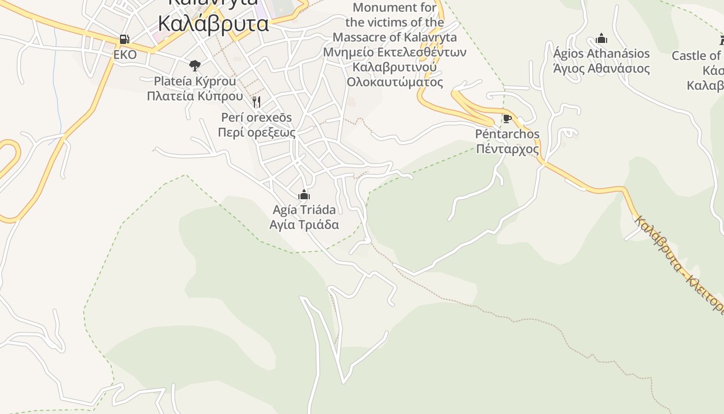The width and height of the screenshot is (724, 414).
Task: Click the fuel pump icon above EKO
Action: (124, 39)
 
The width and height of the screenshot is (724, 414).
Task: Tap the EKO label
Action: (125, 55)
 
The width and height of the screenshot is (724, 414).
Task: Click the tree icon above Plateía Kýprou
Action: (195, 65)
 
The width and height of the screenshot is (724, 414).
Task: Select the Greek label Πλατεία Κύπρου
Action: (195, 96)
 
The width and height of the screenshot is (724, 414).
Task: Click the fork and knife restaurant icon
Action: (256, 101)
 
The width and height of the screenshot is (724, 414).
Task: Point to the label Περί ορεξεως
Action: (257, 132)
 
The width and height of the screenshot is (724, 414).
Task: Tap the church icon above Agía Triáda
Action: (304, 195)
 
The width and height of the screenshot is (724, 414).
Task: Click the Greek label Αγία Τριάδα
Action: (304, 225)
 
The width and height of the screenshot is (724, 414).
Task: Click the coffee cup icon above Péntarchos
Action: (507, 119)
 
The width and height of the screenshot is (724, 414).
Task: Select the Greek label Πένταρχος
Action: (507, 150)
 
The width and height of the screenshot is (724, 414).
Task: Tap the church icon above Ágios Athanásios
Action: (601, 38)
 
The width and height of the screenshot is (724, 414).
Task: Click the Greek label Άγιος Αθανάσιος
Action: (601, 68)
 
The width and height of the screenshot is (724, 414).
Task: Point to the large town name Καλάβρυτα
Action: (213, 24)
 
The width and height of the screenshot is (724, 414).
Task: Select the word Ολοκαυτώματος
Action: (395, 82)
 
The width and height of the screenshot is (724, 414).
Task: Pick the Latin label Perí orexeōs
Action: (257, 117)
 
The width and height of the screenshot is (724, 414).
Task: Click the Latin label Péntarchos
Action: (507, 134)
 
